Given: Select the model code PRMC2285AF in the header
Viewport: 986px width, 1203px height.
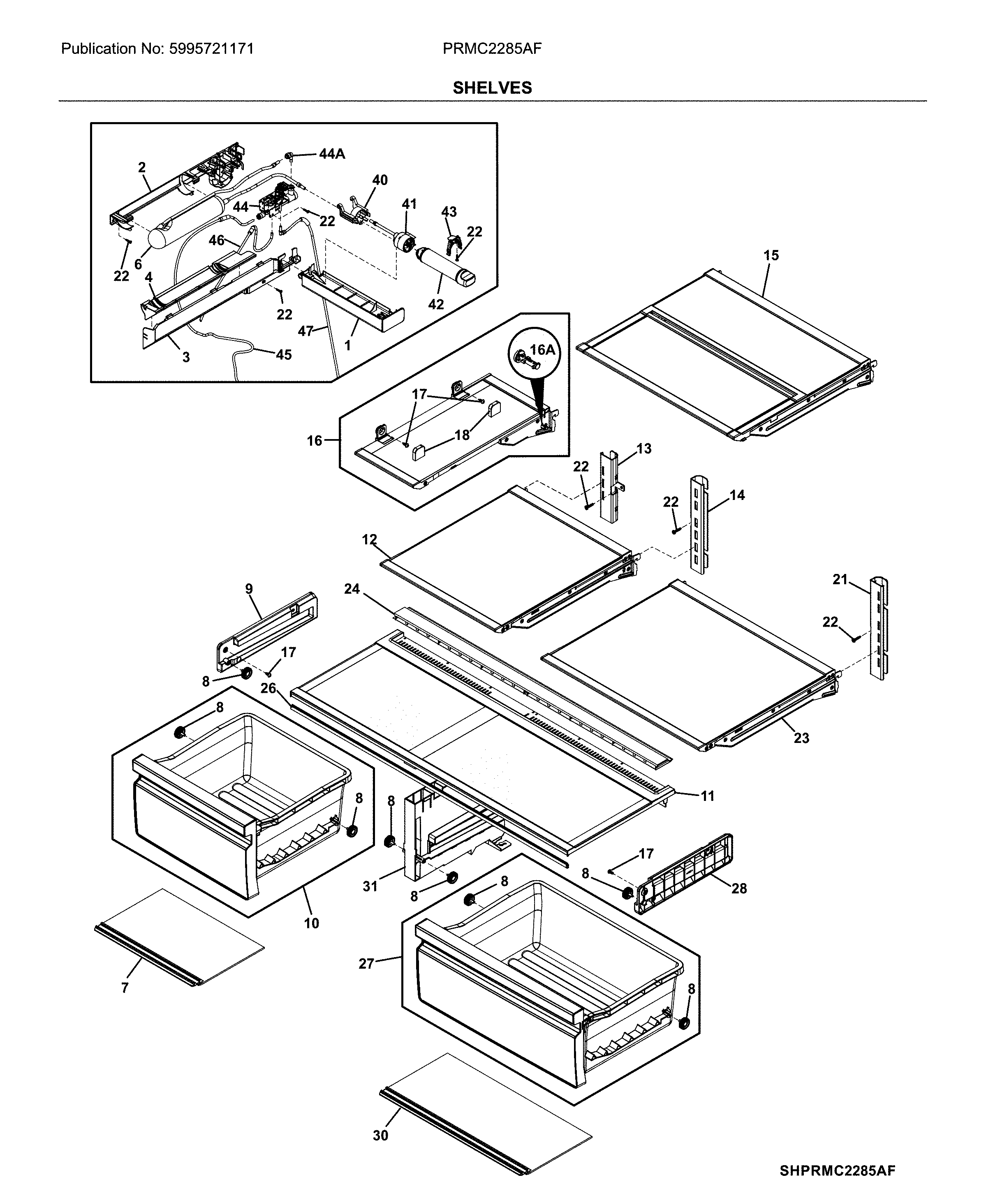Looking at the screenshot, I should click(x=492, y=49).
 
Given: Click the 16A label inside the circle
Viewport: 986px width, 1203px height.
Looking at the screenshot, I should click(x=542, y=350).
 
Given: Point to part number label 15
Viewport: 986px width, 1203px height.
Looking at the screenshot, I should click(x=771, y=256).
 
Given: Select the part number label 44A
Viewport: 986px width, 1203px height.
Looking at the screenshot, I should click(x=332, y=154).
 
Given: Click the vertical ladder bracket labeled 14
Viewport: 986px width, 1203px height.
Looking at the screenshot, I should click(x=700, y=525).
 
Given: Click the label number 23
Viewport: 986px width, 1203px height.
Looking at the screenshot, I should click(x=801, y=738).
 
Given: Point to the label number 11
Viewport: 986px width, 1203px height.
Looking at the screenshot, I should click(x=707, y=796).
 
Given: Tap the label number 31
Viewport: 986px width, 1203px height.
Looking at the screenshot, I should click(x=370, y=886).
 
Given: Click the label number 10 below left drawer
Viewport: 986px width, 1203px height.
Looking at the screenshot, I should click(x=311, y=923).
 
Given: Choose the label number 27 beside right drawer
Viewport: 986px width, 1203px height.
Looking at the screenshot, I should click(x=366, y=963).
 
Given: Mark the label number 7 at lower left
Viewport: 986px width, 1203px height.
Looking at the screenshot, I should click(x=125, y=988).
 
